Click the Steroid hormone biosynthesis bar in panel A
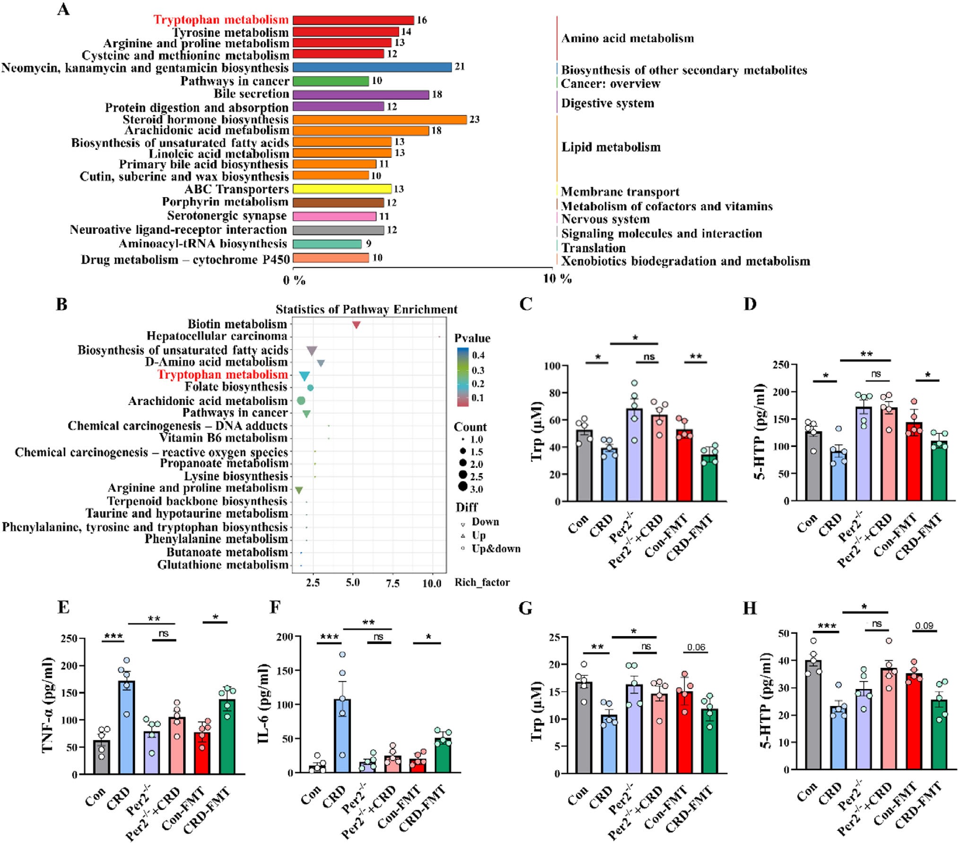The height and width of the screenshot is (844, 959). click(x=379, y=120)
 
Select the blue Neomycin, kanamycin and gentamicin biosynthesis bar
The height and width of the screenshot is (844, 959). click(x=372, y=67)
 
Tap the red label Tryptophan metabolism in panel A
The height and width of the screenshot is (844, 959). click(x=221, y=20)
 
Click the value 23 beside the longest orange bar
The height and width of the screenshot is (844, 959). click(x=474, y=120)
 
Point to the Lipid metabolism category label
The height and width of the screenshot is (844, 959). click(x=610, y=147)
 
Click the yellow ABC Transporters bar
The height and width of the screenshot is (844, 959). click(x=342, y=189)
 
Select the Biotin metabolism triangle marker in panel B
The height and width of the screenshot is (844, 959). click(x=357, y=325)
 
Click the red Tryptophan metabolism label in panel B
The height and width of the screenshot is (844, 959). click(x=222, y=375)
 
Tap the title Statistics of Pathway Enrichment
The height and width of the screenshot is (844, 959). click(x=366, y=310)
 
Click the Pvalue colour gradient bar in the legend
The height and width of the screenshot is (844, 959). click(x=462, y=377)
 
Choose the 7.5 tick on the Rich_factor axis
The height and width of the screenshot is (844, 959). click(x=392, y=583)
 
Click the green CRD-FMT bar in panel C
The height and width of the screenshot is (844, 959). click(x=709, y=477)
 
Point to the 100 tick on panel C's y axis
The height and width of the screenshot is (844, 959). click(x=552, y=366)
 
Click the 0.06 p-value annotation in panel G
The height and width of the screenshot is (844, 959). click(x=696, y=647)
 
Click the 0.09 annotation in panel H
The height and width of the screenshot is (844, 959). click(x=924, y=626)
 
